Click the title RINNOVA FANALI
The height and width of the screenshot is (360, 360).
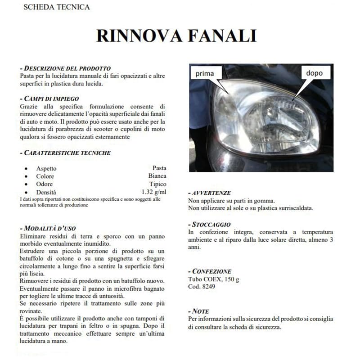[x=176, y=36]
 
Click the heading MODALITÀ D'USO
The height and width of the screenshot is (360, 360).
[x=52, y=228]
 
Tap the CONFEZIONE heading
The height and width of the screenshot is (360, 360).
[x=211, y=271]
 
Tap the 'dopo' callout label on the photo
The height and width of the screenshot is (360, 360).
[x=314, y=72]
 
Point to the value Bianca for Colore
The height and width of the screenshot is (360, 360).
[x=157, y=176]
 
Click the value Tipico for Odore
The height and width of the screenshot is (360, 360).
[x=157, y=184]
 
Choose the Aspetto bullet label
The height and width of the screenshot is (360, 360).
[x=46, y=168]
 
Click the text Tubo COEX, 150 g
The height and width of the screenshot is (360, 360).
[x=213, y=279]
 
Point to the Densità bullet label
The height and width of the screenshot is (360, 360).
[x=46, y=192]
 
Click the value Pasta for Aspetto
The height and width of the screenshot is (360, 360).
[x=159, y=168]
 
